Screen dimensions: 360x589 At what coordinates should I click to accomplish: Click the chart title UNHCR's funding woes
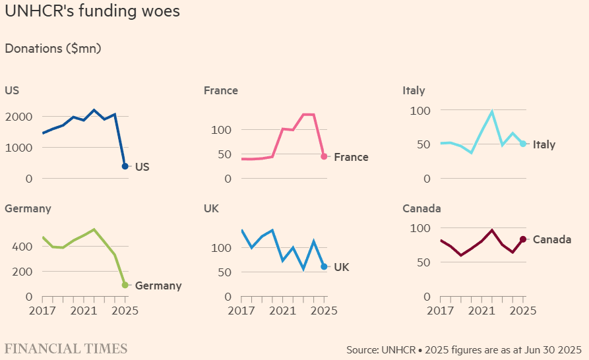coord(92,12)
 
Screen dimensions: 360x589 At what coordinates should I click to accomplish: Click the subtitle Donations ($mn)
coord(53,48)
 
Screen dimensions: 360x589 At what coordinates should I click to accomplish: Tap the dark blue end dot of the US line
coord(125,166)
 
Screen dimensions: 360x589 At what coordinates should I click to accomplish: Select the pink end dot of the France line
coord(324,156)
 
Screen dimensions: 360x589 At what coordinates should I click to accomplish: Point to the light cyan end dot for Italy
coord(523,144)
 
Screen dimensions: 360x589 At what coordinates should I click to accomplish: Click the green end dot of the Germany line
coord(125,285)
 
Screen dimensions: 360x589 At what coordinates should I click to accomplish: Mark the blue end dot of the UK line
coord(324,266)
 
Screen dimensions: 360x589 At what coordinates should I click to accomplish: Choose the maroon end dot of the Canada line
coord(523,239)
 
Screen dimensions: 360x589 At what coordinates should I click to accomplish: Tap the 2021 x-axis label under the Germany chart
coord(84,310)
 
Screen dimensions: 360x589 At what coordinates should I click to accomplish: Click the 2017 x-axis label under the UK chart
coord(241,310)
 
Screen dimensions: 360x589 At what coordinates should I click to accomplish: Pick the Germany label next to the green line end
coord(158,285)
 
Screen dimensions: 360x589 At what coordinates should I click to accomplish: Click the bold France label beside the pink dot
coord(351,157)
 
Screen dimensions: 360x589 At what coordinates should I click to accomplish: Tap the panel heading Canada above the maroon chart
coord(421,208)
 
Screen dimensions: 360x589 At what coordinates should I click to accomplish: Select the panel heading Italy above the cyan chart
coord(414,90)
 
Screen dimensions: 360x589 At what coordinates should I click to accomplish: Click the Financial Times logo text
coord(66,348)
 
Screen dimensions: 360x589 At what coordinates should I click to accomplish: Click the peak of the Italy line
coord(492,111)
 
